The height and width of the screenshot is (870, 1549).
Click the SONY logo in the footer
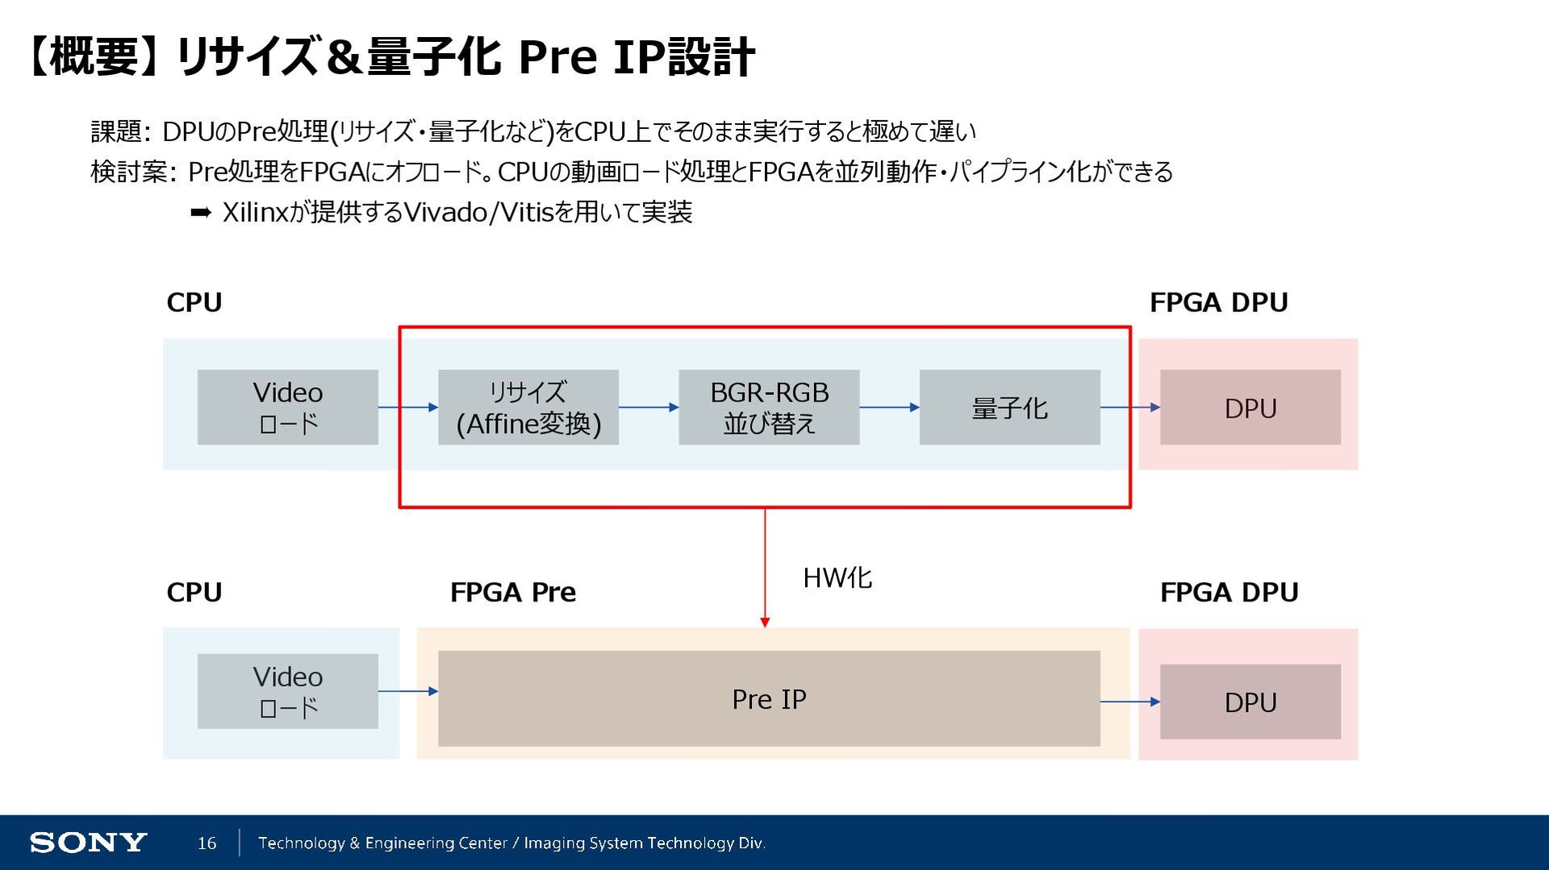[x=88, y=843]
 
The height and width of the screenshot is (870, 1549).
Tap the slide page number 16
[x=207, y=843]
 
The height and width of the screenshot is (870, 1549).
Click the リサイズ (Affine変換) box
[x=528, y=407]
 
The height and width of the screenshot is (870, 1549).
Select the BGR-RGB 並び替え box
[x=769, y=407]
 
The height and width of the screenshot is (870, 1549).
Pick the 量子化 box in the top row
[x=1009, y=407]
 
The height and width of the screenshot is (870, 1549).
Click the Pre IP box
[x=769, y=698]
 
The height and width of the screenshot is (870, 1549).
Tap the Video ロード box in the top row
[x=288, y=407]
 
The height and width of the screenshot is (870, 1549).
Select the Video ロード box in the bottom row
[x=288, y=691]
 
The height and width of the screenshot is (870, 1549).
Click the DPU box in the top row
[x=1250, y=407]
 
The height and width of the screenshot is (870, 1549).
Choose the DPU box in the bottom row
[x=1250, y=701]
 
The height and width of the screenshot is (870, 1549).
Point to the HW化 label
[x=837, y=578]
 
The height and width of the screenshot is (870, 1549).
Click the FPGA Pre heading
[x=513, y=593]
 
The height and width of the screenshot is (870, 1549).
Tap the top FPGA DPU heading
[x=1218, y=302]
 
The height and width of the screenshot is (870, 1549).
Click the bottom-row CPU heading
[x=194, y=593]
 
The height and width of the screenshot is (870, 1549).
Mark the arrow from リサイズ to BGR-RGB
[x=649, y=407]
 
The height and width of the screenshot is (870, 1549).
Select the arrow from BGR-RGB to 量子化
[x=889, y=407]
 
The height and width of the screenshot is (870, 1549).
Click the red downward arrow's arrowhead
[x=765, y=622]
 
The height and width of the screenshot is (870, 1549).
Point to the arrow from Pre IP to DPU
[x=1129, y=701]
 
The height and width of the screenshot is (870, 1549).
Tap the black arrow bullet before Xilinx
[x=201, y=212]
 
